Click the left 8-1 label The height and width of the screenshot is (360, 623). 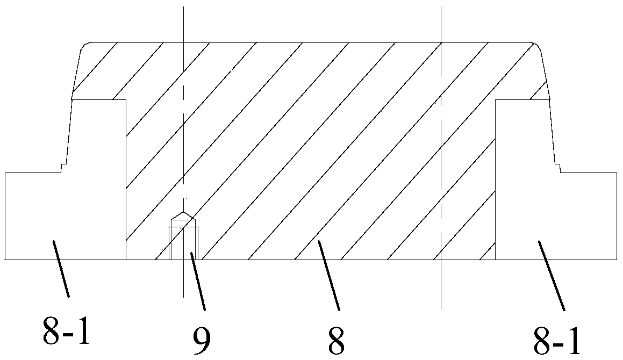(66, 332)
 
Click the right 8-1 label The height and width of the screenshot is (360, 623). (557, 340)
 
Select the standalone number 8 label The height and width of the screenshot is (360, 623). (336, 340)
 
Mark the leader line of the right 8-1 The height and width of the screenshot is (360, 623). (550, 276)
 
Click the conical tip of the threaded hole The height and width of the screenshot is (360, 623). (183, 215)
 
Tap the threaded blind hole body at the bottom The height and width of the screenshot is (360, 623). (183, 242)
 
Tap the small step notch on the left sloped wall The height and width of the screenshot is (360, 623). (62, 168)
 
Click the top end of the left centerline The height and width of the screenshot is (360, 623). (183, 8)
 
